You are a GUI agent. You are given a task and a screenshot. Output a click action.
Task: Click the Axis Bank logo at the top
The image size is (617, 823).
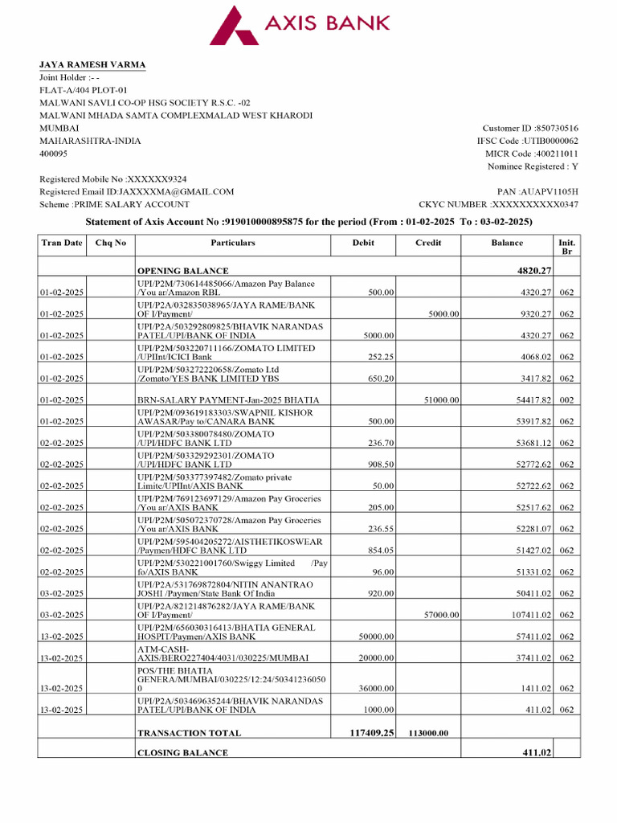pyautogui.click(x=300, y=26)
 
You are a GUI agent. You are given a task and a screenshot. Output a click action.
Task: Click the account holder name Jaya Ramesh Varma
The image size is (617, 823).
pyautogui.click(x=93, y=65)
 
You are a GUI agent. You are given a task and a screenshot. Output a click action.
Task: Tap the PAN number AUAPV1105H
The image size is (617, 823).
pyautogui.click(x=549, y=192)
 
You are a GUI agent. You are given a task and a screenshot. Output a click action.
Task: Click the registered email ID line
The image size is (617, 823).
pyautogui.click(x=137, y=192)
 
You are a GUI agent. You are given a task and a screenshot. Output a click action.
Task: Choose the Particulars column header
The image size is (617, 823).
pyautogui.click(x=233, y=243)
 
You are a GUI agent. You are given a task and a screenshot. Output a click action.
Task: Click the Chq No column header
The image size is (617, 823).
pyautogui.click(x=110, y=243)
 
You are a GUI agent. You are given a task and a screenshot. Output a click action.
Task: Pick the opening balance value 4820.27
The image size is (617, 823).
pyautogui.click(x=533, y=271)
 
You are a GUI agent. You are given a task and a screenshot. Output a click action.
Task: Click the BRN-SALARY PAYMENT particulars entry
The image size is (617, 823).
pyautogui.click(x=228, y=399)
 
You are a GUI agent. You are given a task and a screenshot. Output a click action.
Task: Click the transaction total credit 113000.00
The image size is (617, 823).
pyautogui.click(x=429, y=733)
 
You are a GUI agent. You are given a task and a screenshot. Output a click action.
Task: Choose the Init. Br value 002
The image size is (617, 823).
pyautogui.click(x=566, y=399)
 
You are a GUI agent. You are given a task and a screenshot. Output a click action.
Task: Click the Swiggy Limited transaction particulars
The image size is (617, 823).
pyautogui.click(x=233, y=567)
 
